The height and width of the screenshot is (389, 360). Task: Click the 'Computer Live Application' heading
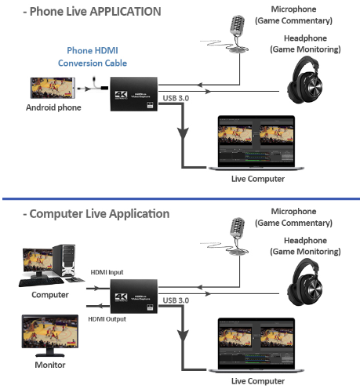coord(86,213)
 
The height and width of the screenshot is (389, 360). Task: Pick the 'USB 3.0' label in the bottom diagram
coord(179,299)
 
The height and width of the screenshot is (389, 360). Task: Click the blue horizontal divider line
coord(180,198)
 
